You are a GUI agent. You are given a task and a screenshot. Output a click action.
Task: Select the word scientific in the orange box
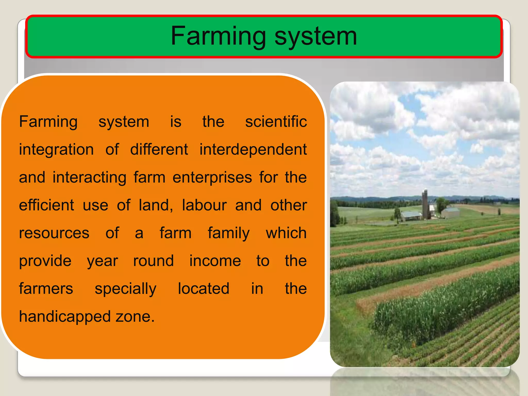point(276,122)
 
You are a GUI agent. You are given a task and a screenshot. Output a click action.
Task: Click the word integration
point(56,150)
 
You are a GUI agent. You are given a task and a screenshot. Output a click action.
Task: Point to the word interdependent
point(253,150)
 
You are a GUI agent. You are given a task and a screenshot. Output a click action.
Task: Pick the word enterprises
point(212,177)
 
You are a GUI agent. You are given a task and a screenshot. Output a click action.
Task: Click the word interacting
point(89,177)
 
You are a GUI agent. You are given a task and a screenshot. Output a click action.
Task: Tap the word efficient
point(47,205)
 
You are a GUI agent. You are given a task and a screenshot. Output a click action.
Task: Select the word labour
point(204,205)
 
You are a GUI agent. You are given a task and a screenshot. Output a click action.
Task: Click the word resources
point(54,233)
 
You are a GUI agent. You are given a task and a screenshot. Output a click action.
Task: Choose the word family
point(229,233)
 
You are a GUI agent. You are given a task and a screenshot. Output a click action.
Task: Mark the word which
point(286,233)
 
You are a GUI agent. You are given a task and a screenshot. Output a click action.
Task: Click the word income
point(215,261)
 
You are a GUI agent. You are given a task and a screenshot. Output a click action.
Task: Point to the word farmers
point(46,289)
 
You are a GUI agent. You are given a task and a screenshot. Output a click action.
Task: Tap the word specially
point(126,289)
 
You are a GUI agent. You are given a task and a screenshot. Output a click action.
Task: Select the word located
point(203,289)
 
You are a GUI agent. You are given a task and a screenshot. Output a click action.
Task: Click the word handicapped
point(65,317)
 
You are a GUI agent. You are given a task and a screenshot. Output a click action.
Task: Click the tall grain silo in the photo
point(425,204)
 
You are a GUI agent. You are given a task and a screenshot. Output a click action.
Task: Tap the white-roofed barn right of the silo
point(450,213)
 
